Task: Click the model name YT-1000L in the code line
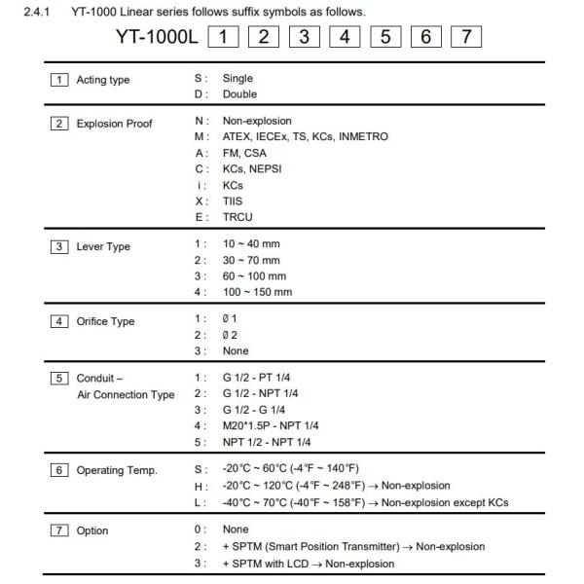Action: tap(155, 39)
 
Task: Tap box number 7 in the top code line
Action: tap(468, 39)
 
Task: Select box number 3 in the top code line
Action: tap(306, 39)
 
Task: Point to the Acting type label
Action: tap(102, 80)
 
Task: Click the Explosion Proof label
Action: tap(114, 125)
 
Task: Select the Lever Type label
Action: tap(103, 247)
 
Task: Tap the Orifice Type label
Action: tap(105, 321)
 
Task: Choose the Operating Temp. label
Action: tap(117, 471)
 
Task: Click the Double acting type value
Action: tap(239, 94)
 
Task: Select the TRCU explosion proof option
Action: tap(238, 217)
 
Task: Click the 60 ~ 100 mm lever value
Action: tap(255, 276)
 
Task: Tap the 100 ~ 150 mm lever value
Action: tap(258, 292)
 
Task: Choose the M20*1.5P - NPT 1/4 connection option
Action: tap(271, 425)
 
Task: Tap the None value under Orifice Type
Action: tap(236, 351)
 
